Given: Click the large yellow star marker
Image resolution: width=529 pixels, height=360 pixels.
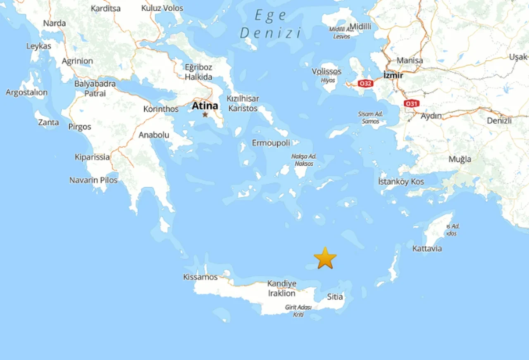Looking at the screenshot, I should pyautogui.click(x=325, y=258).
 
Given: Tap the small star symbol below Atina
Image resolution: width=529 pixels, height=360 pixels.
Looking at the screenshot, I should pyautogui.click(x=205, y=114).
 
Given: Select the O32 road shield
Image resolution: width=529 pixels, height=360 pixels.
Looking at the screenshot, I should pyautogui.click(x=366, y=83).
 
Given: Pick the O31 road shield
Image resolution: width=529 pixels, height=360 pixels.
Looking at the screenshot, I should pyautogui.click(x=411, y=103).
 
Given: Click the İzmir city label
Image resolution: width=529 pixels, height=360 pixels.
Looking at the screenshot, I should pyautogui.click(x=393, y=75).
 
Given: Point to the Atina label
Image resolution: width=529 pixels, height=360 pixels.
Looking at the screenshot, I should pyautogui.click(x=205, y=105).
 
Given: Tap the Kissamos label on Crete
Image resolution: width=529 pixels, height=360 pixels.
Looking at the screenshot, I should pyautogui.click(x=200, y=277).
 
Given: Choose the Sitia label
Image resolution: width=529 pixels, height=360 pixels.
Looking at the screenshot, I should pyautogui.click(x=335, y=296).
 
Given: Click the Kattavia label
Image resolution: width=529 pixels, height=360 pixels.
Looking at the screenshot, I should pyautogui.click(x=427, y=248).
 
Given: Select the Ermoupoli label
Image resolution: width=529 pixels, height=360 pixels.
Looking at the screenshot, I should pyautogui.click(x=271, y=143).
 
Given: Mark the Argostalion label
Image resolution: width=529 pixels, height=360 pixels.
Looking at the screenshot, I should pyautogui.click(x=26, y=93).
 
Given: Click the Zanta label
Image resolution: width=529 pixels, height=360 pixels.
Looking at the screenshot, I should pyautogui.click(x=48, y=122).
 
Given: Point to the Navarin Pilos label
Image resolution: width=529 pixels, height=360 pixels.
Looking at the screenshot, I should pyautogui.click(x=93, y=180).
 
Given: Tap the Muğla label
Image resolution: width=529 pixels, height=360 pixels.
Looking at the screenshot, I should pyautogui.click(x=460, y=159).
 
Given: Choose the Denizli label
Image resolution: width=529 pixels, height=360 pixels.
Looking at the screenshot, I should pyautogui.click(x=499, y=121).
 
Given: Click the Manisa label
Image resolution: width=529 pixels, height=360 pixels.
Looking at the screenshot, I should pyautogui.click(x=410, y=61).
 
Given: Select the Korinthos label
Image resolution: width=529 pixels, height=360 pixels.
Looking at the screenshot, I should pyautogui.click(x=161, y=109).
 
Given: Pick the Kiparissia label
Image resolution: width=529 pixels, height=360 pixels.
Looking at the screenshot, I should pyautogui.click(x=92, y=157).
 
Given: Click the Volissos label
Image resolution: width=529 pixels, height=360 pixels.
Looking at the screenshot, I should pyautogui.click(x=326, y=72).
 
